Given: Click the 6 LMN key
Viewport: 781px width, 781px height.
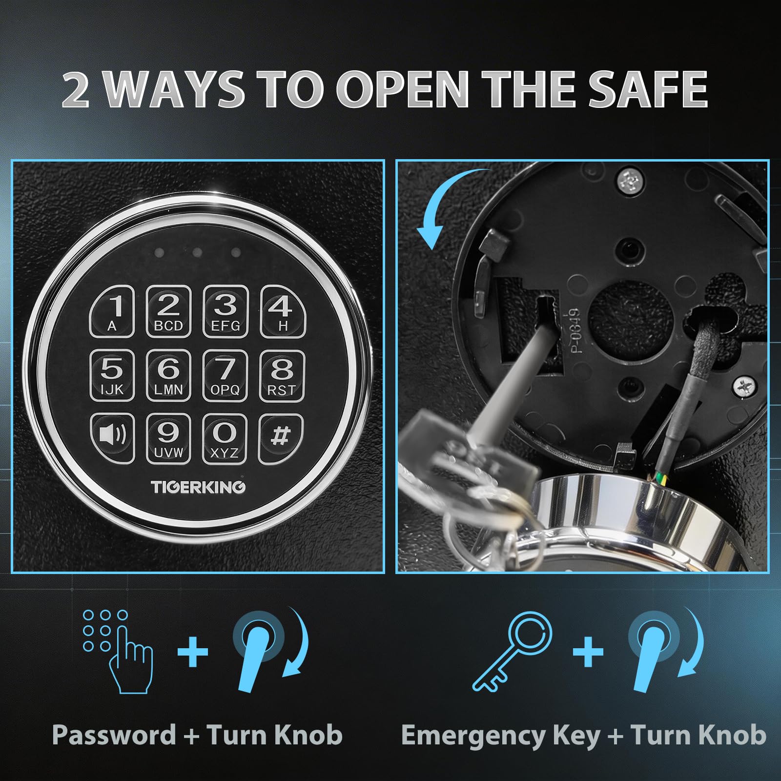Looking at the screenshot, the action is click(168, 375).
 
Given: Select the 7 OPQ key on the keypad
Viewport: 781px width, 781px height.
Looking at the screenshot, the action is click(225, 375).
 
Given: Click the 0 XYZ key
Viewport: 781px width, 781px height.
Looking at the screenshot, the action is click(225, 438).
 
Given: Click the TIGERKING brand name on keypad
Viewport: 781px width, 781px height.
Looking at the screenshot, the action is click(198, 487).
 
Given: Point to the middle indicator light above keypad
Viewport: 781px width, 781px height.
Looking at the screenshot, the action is click(197, 253).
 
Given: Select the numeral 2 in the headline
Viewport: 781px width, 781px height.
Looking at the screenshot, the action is click(76, 89).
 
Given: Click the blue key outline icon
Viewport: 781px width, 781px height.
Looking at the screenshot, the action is click(513, 652).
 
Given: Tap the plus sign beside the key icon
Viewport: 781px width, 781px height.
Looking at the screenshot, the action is click(588, 652).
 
